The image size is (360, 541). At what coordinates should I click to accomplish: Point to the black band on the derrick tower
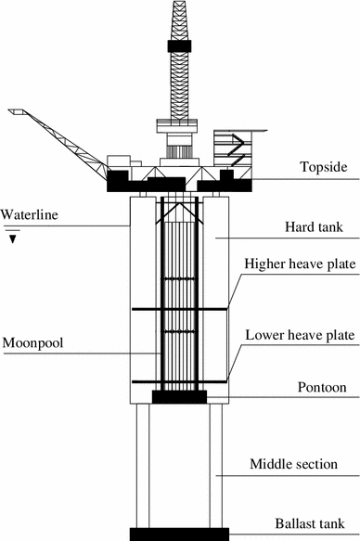[179, 45]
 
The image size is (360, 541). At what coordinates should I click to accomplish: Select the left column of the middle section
[141, 464]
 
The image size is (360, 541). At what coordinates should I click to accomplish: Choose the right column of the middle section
[215, 464]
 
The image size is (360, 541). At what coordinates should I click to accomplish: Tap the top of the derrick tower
[179, 5]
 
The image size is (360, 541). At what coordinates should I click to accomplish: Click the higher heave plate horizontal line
[179, 309]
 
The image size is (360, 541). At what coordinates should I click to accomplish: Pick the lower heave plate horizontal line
[179, 381]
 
